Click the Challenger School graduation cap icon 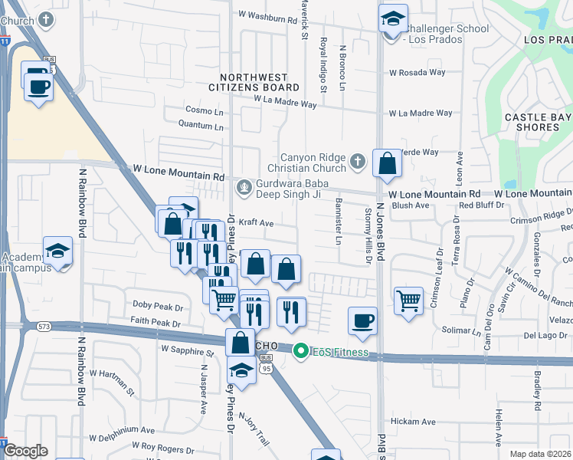coord(393,19)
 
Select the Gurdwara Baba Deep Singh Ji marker coord(244,186)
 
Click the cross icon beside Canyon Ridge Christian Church coord(356,161)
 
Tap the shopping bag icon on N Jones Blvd coord(388,163)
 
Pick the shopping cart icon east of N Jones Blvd coord(409,300)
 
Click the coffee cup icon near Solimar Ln coord(362,321)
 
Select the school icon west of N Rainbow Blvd coord(57,252)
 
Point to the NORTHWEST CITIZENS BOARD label coord(254,82)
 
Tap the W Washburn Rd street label coord(267,15)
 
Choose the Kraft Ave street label coord(256,223)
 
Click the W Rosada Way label coord(417,73)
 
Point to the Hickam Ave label coord(414,422)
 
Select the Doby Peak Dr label coord(158,306)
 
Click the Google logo coord(25,451)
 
